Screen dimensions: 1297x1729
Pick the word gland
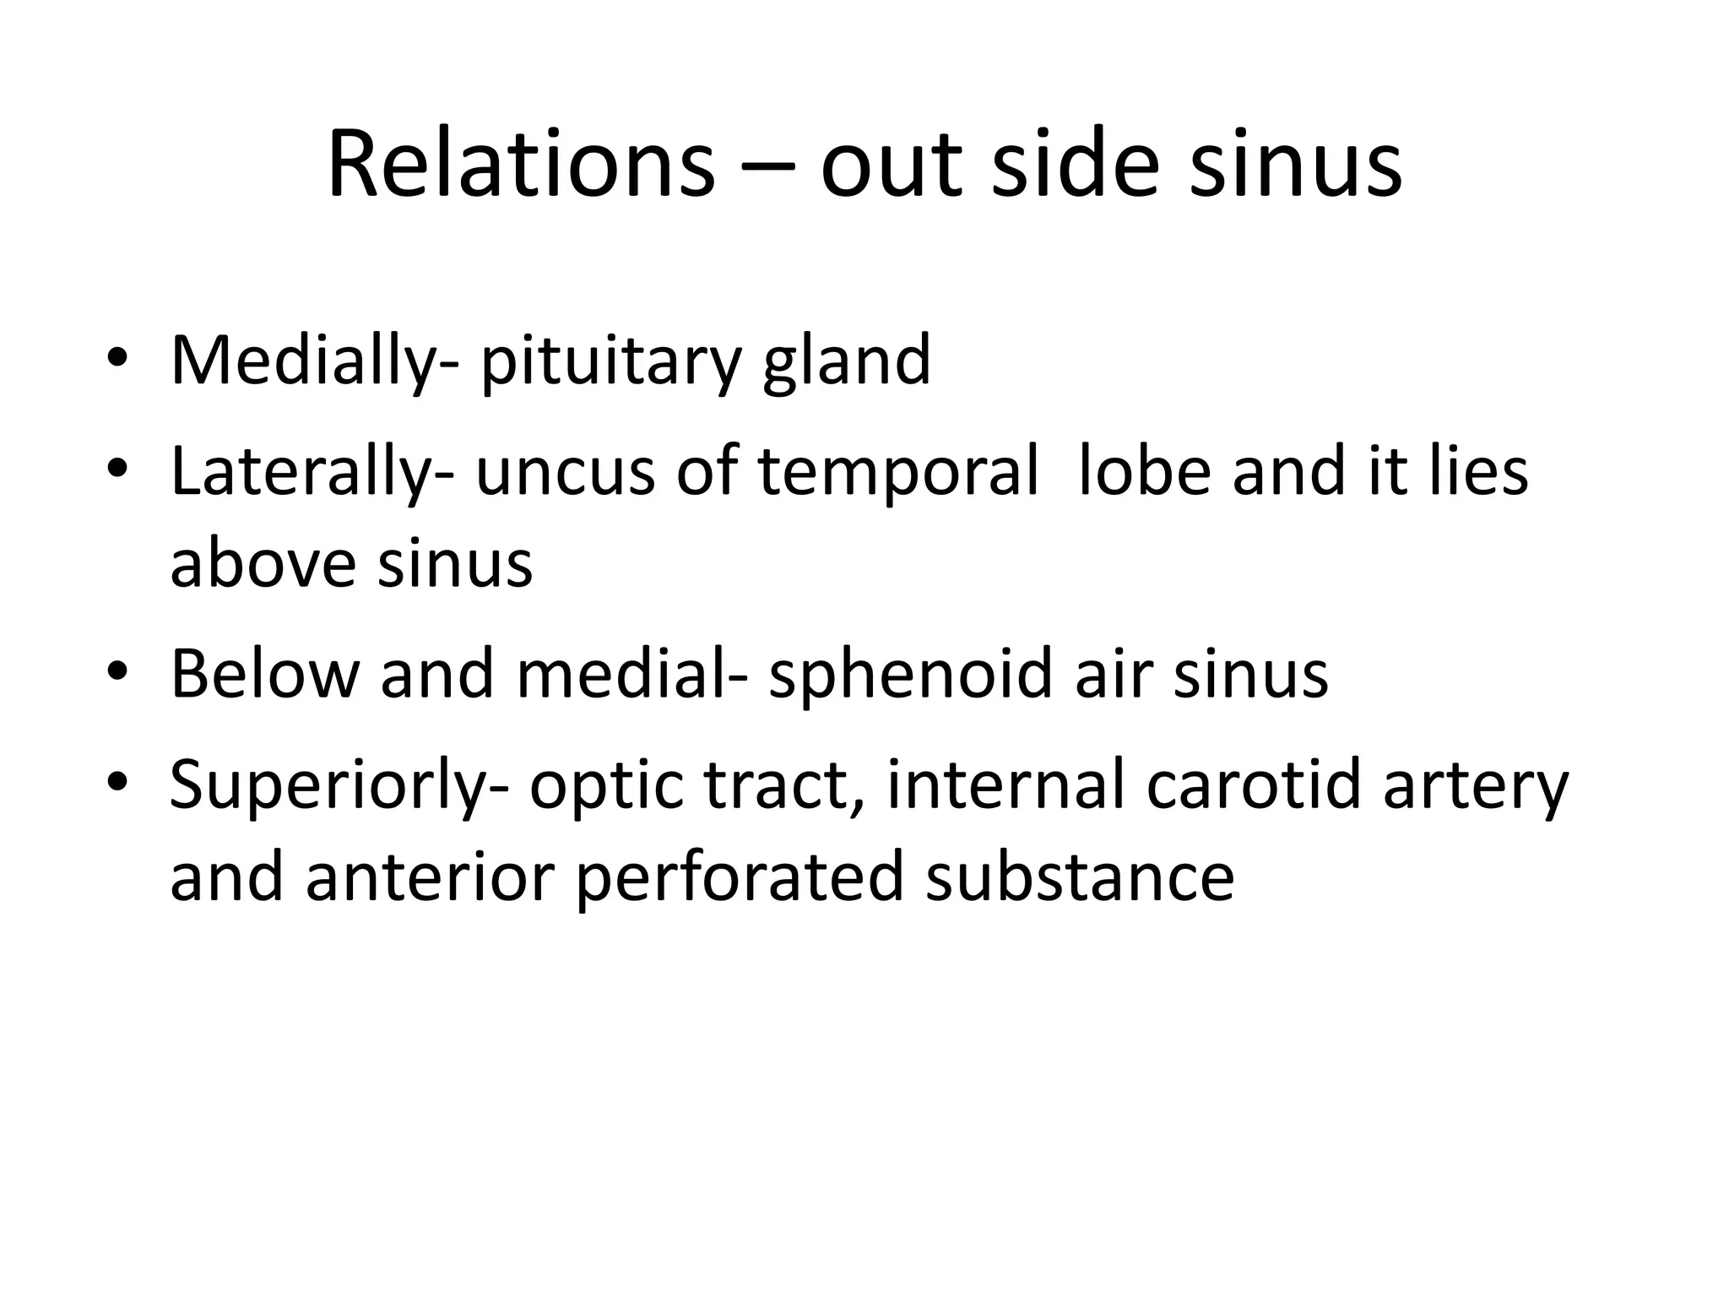coord(846,361)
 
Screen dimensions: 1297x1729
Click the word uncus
coord(565,473)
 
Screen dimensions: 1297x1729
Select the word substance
coord(1080,878)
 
